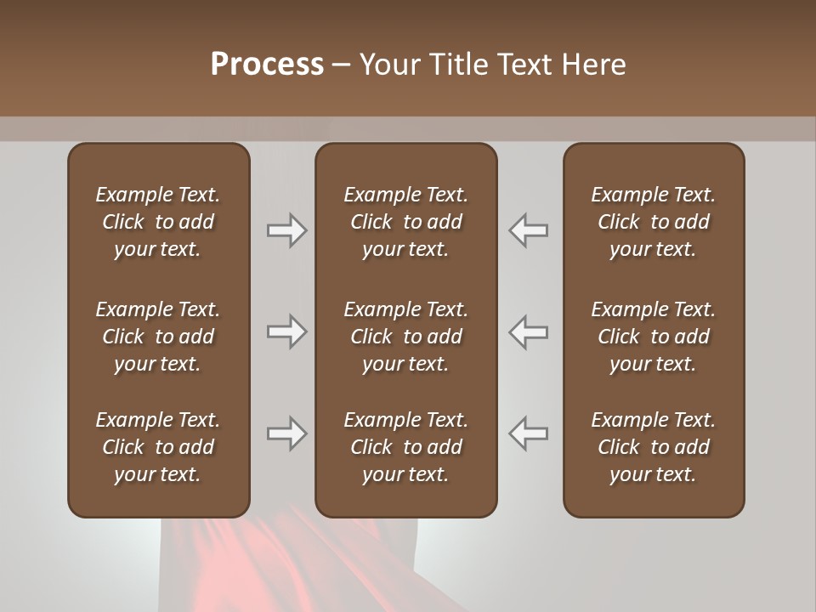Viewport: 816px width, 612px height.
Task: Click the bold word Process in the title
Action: pyautogui.click(x=267, y=65)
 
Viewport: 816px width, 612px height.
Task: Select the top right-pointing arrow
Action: pyautogui.click(x=286, y=230)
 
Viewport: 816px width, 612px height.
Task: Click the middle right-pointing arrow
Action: pyautogui.click(x=286, y=331)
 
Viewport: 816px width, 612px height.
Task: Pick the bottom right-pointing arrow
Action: pyautogui.click(x=286, y=433)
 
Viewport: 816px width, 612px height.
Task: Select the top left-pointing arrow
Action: pyautogui.click(x=529, y=230)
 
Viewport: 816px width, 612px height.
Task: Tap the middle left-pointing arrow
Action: pyautogui.click(x=529, y=331)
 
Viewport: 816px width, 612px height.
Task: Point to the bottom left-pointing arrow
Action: pyautogui.click(x=529, y=433)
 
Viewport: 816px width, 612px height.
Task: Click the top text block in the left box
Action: pyautogui.click(x=158, y=222)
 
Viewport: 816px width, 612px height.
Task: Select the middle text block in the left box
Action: pyautogui.click(x=158, y=337)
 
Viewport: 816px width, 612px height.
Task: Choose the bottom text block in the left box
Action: pyautogui.click(x=158, y=447)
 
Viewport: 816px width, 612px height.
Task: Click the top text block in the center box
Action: pyautogui.click(x=405, y=222)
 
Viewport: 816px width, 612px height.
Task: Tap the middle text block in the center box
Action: pyautogui.click(x=405, y=337)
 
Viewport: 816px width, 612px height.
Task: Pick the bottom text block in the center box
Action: pyautogui.click(x=405, y=447)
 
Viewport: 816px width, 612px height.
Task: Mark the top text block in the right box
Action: pyautogui.click(x=653, y=222)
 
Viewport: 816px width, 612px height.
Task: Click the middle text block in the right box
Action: pyautogui.click(x=653, y=337)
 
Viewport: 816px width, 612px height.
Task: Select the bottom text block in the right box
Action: pyautogui.click(x=653, y=447)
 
